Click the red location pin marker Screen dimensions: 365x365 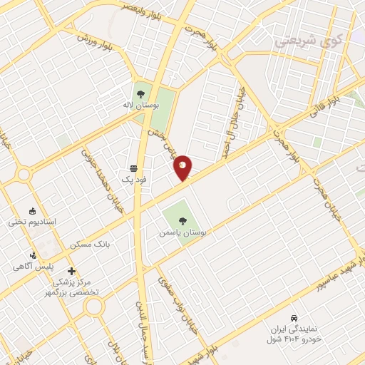(x=183, y=167)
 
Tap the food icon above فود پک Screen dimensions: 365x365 (x=134, y=168)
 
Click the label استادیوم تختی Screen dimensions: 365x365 (x=32, y=222)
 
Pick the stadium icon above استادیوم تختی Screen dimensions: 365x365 (x=32, y=210)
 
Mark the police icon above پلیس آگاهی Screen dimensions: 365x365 (x=32, y=255)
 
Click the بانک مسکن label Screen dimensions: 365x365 (x=91, y=244)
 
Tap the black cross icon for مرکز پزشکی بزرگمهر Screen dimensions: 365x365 (x=71, y=271)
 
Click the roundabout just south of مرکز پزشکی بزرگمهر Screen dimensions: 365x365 (x=94, y=307)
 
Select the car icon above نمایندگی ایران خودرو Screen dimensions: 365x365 (x=294, y=317)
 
